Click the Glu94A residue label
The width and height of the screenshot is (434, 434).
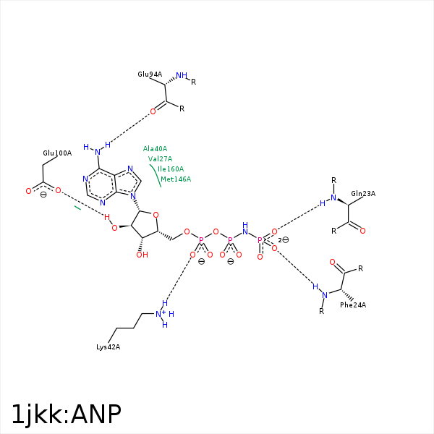click(150, 75)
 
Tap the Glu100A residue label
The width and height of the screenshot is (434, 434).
click(57, 153)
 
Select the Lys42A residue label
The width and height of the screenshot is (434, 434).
click(109, 347)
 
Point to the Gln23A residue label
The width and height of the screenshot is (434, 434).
click(363, 193)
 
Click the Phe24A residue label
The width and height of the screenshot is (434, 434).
click(353, 305)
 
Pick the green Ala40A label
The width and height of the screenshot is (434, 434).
click(155, 149)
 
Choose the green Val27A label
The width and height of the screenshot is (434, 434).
click(160, 159)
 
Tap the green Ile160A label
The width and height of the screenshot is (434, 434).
click(171, 169)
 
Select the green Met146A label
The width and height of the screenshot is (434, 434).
click(176, 179)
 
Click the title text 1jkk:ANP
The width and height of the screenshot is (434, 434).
click(67, 414)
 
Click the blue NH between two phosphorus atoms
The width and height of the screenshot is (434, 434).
click(245, 228)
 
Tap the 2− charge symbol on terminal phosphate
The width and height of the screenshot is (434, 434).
click(284, 239)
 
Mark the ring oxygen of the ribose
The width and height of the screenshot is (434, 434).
click(156, 215)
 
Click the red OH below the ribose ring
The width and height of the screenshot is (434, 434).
click(142, 255)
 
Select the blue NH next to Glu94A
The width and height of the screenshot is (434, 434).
click(182, 75)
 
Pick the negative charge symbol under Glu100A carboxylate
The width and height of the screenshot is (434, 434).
click(43, 195)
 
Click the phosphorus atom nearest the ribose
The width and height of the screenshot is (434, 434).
click(201, 239)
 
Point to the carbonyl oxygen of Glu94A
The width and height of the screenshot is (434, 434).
click(153, 112)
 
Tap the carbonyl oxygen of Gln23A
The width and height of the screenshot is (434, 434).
click(362, 231)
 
